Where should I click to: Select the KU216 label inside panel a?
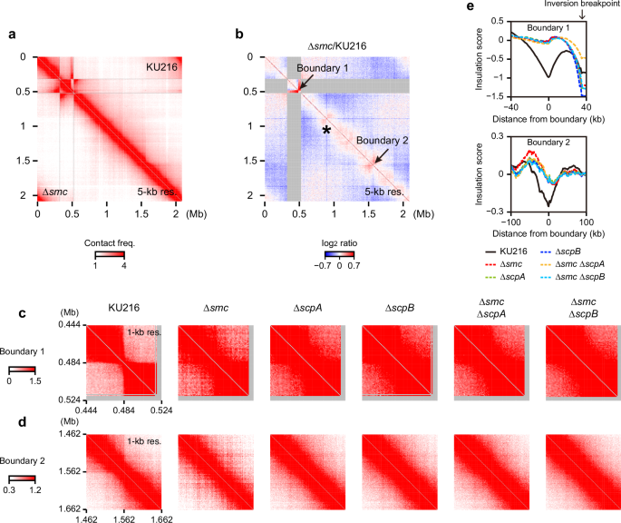160,68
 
